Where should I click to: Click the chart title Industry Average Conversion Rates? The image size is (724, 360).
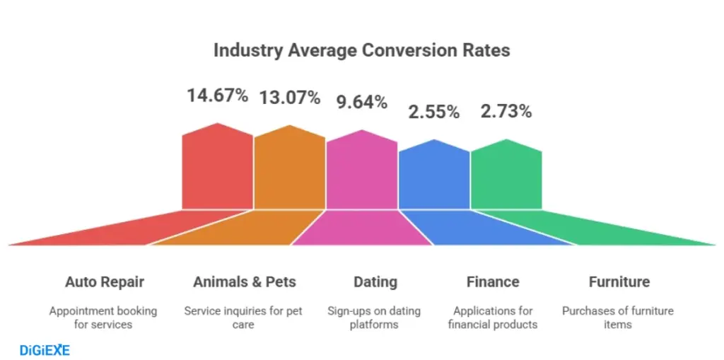[361, 51]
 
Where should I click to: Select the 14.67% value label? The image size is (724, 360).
[217, 95]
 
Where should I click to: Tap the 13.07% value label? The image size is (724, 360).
[290, 98]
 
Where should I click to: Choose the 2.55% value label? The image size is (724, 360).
[433, 112]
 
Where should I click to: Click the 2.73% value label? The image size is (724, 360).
[506, 111]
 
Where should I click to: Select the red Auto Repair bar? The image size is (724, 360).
[217, 170]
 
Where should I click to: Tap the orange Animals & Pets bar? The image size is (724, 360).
[289, 171]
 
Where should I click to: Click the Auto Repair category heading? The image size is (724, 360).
[104, 282]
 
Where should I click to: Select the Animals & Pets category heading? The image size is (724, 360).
[245, 282]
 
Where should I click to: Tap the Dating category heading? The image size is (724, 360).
[375, 282]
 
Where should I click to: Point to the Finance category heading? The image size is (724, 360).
[493, 282]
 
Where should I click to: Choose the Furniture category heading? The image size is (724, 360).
[619, 282]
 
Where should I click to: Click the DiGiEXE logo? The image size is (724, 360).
[44, 349]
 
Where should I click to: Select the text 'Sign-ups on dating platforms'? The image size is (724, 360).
[374, 318]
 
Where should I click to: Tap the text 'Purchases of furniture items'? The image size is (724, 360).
[617, 318]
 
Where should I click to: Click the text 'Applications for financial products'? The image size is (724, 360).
[493, 318]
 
